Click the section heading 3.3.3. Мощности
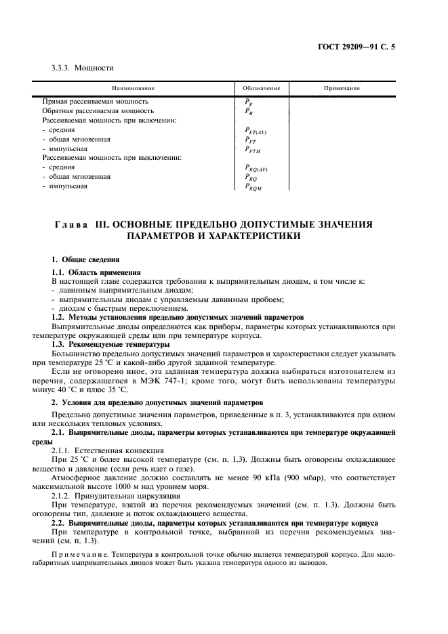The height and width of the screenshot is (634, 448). point(83,68)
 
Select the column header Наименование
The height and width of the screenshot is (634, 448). point(133,89)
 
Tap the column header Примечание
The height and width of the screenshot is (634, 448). point(341,89)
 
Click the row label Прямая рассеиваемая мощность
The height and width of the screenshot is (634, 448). point(95,101)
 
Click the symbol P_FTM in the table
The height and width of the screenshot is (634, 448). point(253,150)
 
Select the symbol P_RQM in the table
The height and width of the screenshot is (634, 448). point(253,188)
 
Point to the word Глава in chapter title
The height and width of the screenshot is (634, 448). point(70,224)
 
